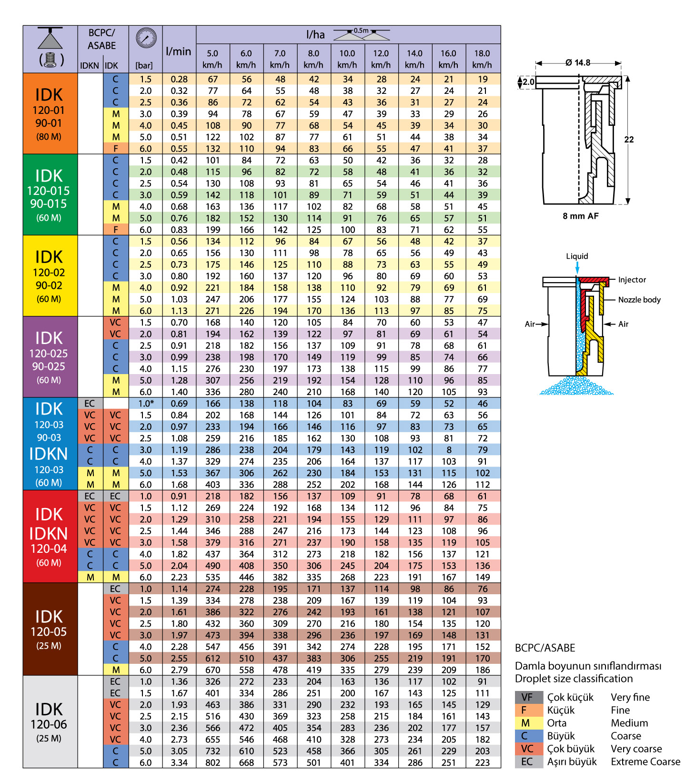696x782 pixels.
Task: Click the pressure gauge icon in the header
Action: pyautogui.click(x=146, y=38)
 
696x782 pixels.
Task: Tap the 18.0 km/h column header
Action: pyautogui.click(x=482, y=59)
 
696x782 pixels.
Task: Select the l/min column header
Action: pyautogui.click(x=179, y=51)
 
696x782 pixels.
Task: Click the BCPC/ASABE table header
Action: pyautogui.click(x=101, y=40)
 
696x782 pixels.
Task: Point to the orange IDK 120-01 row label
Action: pyautogui.click(x=49, y=113)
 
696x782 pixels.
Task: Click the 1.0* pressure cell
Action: pyautogui.click(x=145, y=404)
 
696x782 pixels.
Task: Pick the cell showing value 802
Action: pyautogui.click(x=212, y=762)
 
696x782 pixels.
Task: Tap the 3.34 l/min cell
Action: pyautogui.click(x=179, y=762)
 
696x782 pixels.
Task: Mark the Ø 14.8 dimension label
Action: pyautogui.click(x=578, y=62)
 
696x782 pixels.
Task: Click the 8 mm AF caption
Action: pyautogui.click(x=580, y=216)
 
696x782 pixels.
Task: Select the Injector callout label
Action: pyautogui.click(x=632, y=280)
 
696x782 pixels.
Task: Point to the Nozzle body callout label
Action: pyautogui.click(x=639, y=300)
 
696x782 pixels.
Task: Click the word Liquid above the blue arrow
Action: pyautogui.click(x=577, y=256)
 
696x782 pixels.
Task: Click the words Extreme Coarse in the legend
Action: pyautogui.click(x=646, y=762)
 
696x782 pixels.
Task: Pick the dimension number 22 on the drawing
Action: pyautogui.click(x=629, y=140)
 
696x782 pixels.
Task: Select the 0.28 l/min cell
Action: pyautogui.click(x=179, y=79)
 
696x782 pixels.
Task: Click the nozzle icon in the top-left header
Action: pyautogui.click(x=50, y=48)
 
